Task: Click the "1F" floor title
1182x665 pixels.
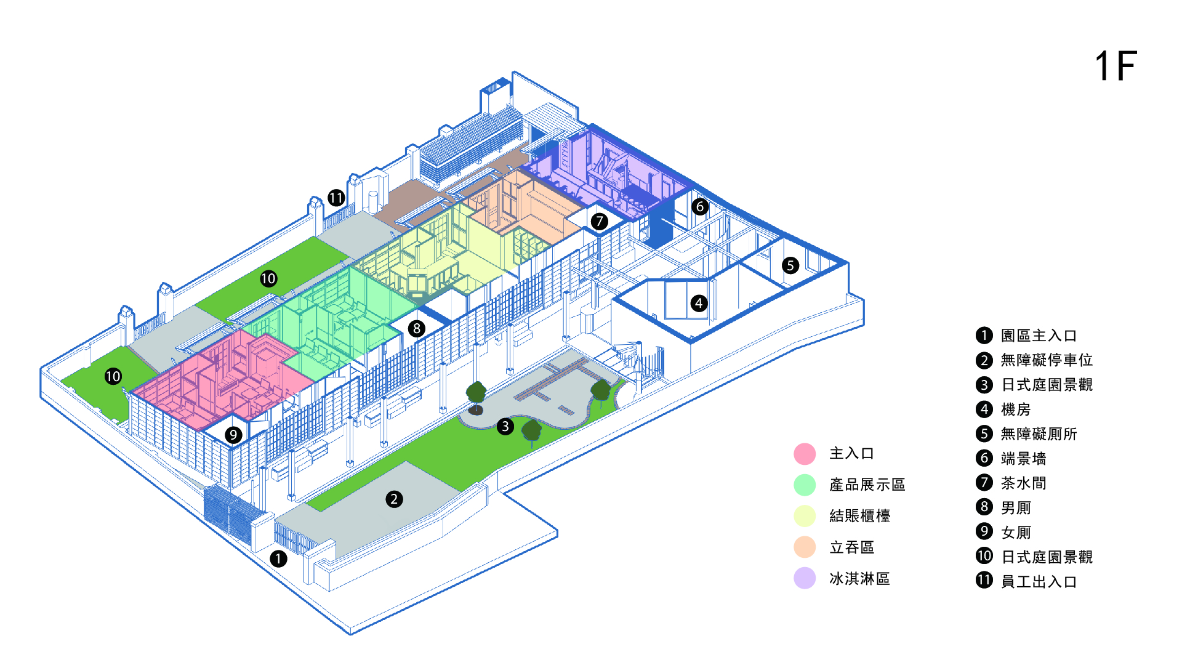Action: (x=1116, y=66)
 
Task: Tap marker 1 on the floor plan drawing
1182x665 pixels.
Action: (x=278, y=558)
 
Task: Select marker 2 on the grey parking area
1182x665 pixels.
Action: (x=394, y=499)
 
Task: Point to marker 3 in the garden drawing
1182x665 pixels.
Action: (x=505, y=426)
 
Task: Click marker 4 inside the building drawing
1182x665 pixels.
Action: (x=699, y=303)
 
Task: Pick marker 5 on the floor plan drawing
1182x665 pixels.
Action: (x=790, y=265)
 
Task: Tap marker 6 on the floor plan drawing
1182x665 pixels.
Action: (x=699, y=206)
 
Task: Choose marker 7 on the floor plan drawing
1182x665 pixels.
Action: (x=599, y=221)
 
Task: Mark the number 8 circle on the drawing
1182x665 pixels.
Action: (x=417, y=328)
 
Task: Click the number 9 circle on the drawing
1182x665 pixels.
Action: (x=233, y=435)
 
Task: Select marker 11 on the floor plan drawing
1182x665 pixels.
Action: (x=336, y=198)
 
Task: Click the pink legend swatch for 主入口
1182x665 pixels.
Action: (x=805, y=454)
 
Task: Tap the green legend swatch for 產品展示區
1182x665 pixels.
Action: (x=805, y=485)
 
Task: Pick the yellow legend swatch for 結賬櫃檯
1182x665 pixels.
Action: (x=805, y=516)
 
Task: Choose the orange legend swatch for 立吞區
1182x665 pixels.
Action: (x=805, y=547)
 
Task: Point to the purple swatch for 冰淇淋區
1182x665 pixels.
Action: (x=805, y=579)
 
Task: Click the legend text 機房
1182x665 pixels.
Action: (x=1015, y=409)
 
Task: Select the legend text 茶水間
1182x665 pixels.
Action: (x=1023, y=483)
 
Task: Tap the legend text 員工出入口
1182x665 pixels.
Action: (x=1039, y=582)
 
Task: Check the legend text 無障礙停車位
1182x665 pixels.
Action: (x=1047, y=360)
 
